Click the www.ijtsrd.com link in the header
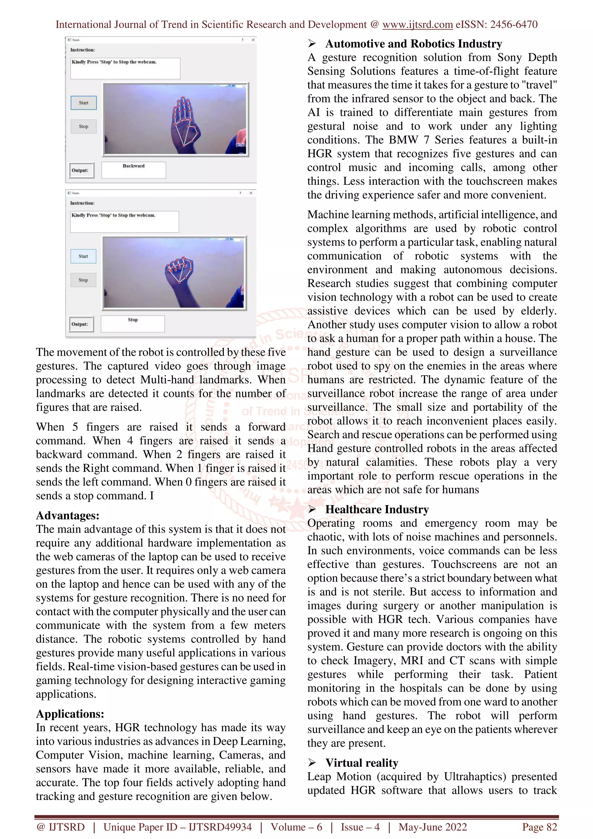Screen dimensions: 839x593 (x=417, y=25)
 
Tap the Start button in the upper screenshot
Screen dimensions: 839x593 (x=84, y=103)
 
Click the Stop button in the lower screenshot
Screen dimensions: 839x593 (x=83, y=280)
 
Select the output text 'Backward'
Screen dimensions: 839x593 (x=134, y=166)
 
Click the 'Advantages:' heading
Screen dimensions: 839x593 (x=67, y=516)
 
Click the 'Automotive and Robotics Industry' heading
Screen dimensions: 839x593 (x=413, y=44)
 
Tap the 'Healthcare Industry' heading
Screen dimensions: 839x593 (x=377, y=510)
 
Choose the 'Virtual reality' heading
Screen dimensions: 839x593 (x=362, y=763)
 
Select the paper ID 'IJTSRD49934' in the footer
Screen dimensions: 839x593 (x=220, y=827)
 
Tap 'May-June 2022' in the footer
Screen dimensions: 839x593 (x=433, y=827)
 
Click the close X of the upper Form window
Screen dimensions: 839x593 (x=253, y=40)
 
